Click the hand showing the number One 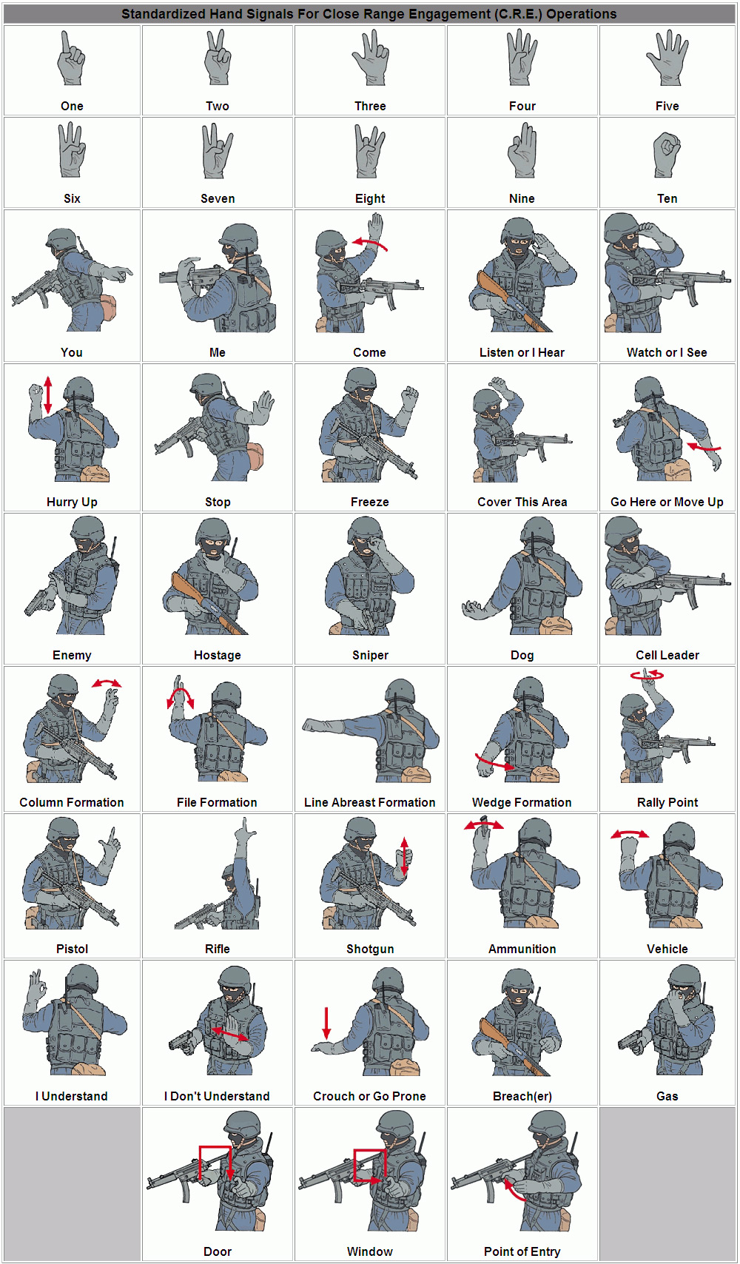(x=72, y=59)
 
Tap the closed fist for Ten (x=667, y=154)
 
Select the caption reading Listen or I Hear (x=522, y=352)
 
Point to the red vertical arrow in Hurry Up (x=48, y=394)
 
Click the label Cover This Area (x=522, y=502)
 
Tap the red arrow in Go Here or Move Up (x=704, y=447)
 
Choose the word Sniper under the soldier (x=370, y=655)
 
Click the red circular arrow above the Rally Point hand (x=647, y=675)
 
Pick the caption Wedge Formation (x=522, y=802)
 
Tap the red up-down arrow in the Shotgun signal (x=404, y=856)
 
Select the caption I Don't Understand (x=217, y=1096)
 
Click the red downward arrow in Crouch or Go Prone (x=326, y=1023)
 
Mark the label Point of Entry (x=522, y=1251)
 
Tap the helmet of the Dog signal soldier (x=536, y=531)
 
